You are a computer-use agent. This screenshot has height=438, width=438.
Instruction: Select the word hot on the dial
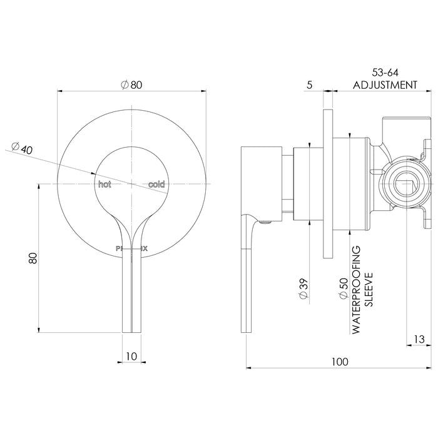pyautogui.click(x=104, y=185)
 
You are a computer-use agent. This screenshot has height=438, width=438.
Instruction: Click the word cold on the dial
pyautogui.click(x=156, y=185)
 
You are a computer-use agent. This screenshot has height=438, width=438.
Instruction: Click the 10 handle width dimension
pyautogui.click(x=131, y=357)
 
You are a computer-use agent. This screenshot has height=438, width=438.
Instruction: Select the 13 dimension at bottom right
pyautogui.click(x=420, y=340)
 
